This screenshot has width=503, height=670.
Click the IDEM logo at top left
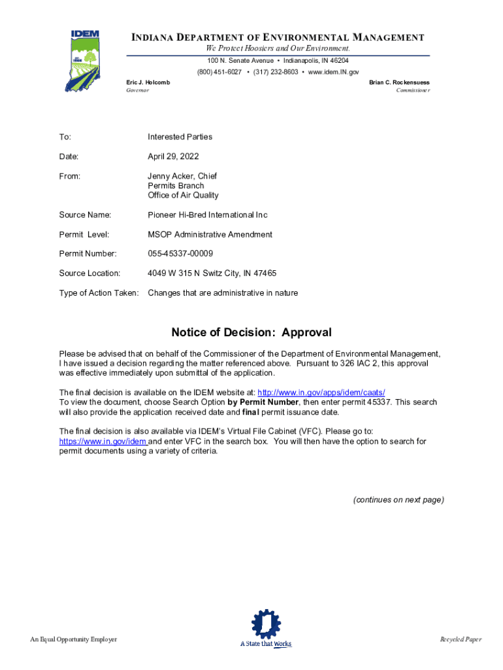86,60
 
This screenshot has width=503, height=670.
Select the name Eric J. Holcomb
148,82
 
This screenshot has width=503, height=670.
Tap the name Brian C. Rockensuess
399,82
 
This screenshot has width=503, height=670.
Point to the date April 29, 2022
173,156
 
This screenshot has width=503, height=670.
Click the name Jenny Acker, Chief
182,176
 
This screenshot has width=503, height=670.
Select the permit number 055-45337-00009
180,253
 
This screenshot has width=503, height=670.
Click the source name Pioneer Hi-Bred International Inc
208,215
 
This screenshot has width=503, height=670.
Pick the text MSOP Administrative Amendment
210,234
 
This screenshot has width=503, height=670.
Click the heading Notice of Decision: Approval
252,332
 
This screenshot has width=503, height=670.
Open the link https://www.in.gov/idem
103,442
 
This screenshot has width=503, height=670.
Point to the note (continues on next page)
398,500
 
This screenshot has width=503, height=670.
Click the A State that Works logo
266,629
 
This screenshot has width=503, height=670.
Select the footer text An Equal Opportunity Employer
74,639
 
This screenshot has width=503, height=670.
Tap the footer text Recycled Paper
461,639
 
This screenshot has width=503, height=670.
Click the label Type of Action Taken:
99,292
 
